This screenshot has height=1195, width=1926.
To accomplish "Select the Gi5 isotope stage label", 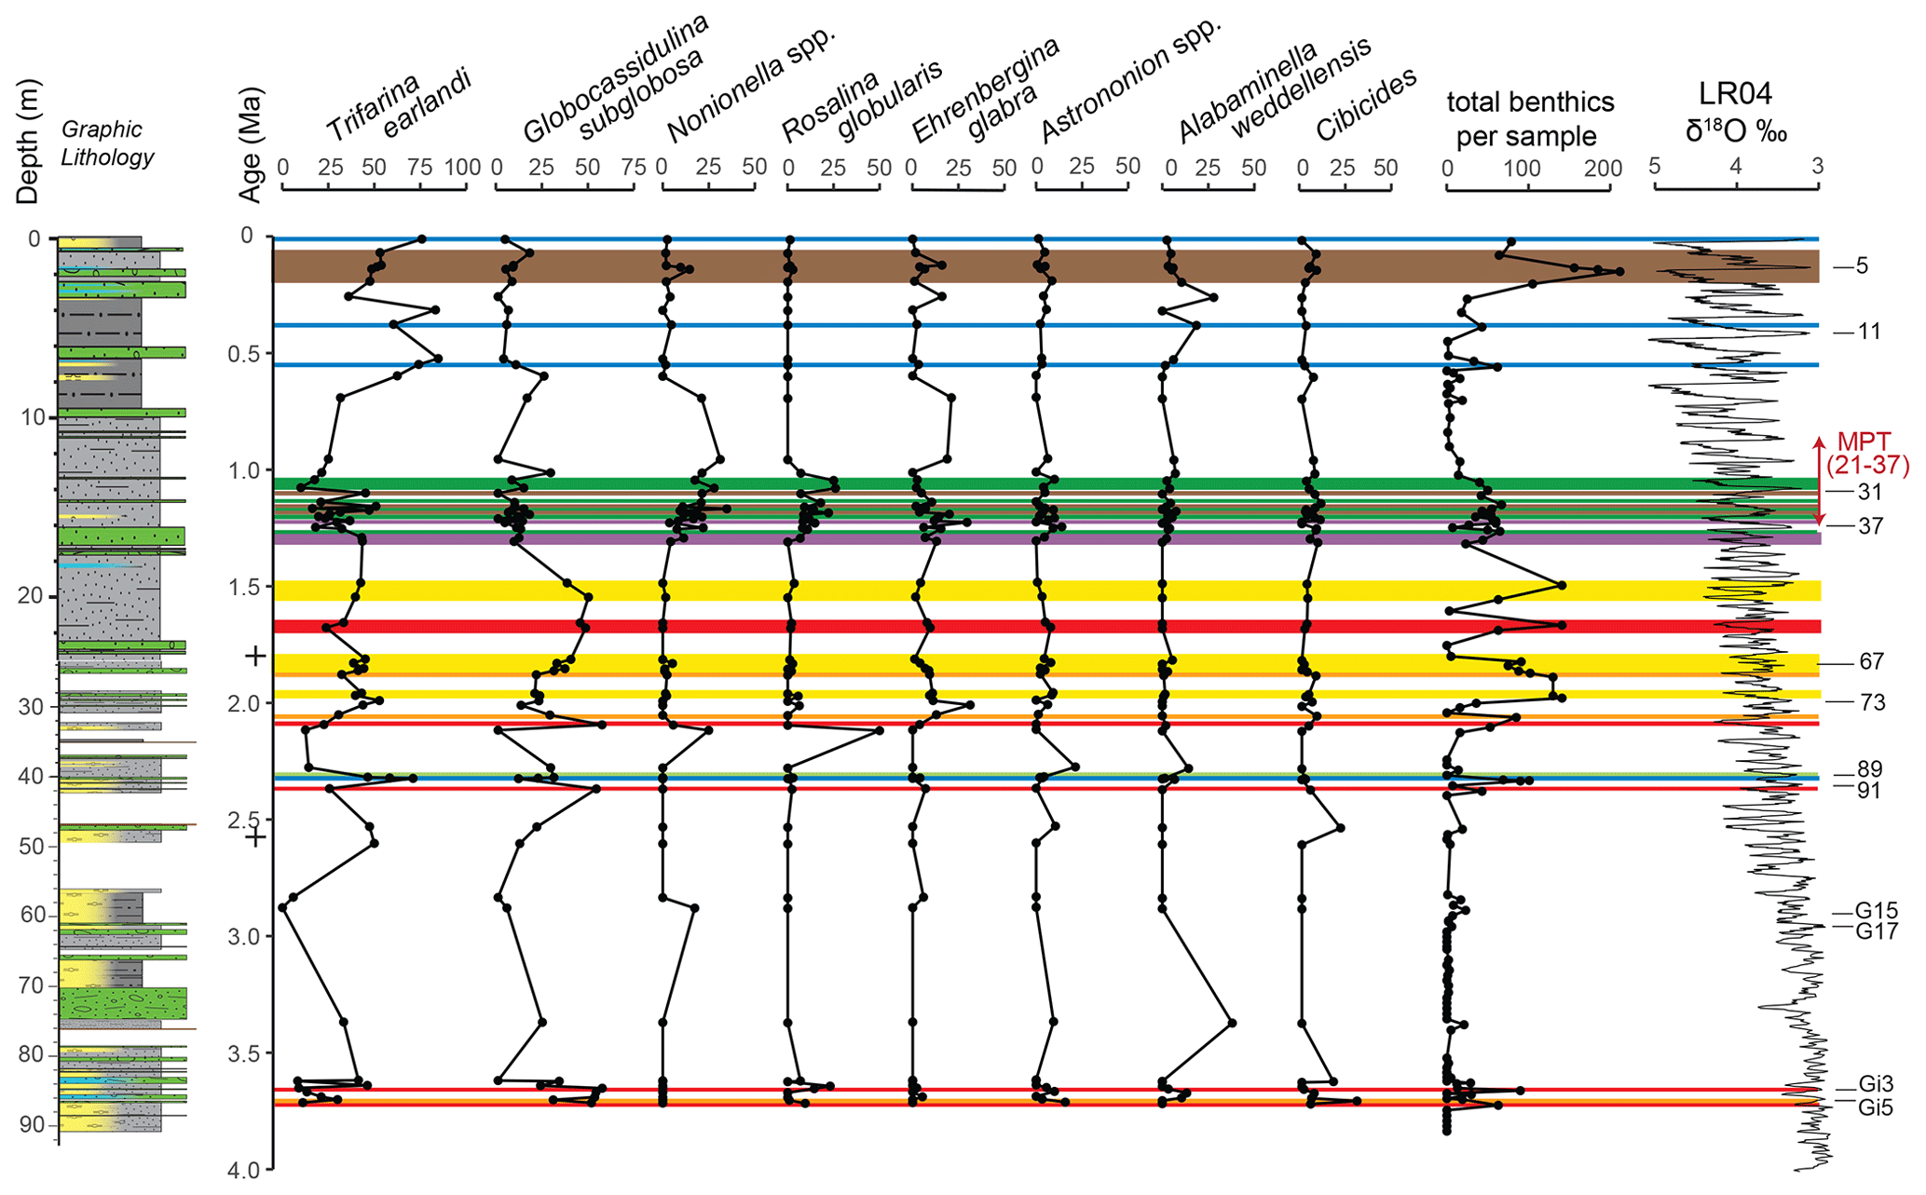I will coord(1875,1108).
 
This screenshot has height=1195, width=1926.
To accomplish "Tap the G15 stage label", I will coord(1876,911).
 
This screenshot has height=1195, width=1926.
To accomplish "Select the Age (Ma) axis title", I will coord(250,144).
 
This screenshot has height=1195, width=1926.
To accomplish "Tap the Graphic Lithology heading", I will coord(107,143).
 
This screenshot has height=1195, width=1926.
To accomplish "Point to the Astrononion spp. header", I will coord(1129,82).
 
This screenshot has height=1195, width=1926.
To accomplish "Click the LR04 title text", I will coord(1735,94).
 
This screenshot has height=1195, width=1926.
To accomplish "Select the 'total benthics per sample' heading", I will coord(1529,118).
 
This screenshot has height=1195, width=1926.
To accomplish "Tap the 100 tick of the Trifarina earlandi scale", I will coord(463,168).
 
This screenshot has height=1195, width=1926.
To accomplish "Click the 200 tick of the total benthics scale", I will coord(1604,169).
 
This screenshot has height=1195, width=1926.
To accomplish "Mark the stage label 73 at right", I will coord(1872,702).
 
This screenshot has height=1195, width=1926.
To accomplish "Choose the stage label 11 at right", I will coord(1868,332).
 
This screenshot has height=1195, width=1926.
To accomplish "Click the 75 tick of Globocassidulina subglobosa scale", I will coord(634,168).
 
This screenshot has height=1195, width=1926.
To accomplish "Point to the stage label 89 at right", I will coord(1869,769).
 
